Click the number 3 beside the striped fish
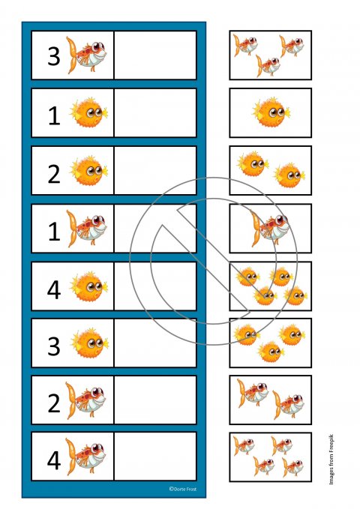54,56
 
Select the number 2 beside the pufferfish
54,174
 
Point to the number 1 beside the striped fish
54,232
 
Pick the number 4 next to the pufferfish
54,290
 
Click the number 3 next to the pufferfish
54,346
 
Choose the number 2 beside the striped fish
54,403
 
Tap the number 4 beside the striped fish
54,461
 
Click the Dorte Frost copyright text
182,489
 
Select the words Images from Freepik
331,460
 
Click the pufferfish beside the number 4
88,286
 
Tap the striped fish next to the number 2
85,400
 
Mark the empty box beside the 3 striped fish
155,55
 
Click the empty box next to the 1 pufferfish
155,112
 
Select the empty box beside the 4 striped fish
155,456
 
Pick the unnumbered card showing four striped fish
270,457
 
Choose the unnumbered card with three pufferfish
270,343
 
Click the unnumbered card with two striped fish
270,400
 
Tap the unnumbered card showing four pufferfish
270,286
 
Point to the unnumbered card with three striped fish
270,55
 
